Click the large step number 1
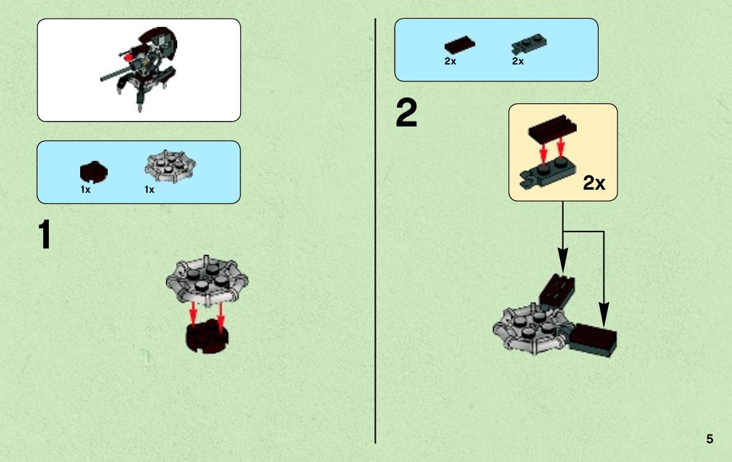click(45, 234)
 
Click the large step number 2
click(406, 113)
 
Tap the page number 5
click(709, 439)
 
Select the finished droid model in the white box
click(139, 68)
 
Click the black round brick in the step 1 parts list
click(94, 172)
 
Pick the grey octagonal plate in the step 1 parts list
click(170, 166)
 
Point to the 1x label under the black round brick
click(85, 190)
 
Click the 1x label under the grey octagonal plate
click(150, 190)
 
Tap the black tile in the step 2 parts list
click(460, 45)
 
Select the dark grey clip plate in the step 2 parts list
click(529, 44)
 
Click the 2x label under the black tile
click(450, 61)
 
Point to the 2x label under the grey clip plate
click(518, 61)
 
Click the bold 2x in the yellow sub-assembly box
click(594, 183)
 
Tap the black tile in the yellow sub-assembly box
click(553, 126)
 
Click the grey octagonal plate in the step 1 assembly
click(207, 280)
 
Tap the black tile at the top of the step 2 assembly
click(557, 290)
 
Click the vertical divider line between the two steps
click(375, 231)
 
